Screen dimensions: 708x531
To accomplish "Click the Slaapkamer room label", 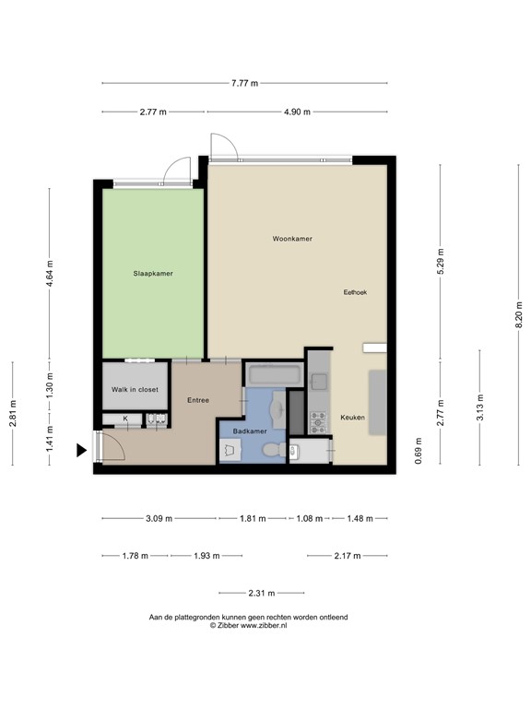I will [153, 273].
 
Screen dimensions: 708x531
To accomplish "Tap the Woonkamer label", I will [291, 239].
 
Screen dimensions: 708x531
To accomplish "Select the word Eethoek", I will [355, 292].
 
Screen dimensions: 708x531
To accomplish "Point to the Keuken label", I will [353, 418].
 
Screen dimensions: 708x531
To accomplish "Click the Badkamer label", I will [250, 431].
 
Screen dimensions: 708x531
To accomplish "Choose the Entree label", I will [197, 400].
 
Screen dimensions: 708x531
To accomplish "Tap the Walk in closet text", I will [135, 390].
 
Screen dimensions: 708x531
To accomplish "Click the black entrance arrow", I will [82, 450].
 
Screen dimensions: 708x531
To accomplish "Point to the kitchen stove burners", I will [318, 422].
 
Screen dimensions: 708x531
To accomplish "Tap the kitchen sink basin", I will [318, 380].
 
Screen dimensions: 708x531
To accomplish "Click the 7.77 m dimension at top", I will [244, 83].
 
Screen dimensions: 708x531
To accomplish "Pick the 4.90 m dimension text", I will [298, 112].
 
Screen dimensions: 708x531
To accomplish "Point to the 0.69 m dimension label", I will [419, 454].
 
